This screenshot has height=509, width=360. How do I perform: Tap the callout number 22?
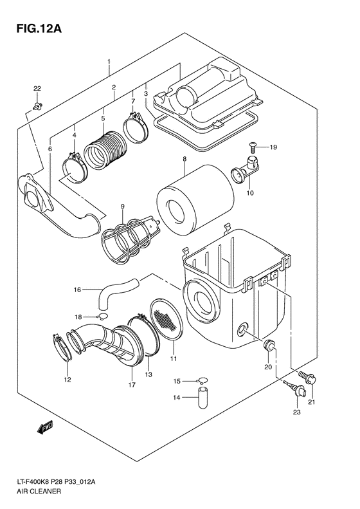[37, 88]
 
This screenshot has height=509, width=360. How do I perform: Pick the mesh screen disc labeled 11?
[168, 320]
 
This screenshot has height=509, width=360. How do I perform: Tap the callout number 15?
[177, 382]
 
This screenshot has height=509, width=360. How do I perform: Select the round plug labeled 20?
[271, 347]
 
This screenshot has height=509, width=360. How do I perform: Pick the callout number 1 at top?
[109, 62]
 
